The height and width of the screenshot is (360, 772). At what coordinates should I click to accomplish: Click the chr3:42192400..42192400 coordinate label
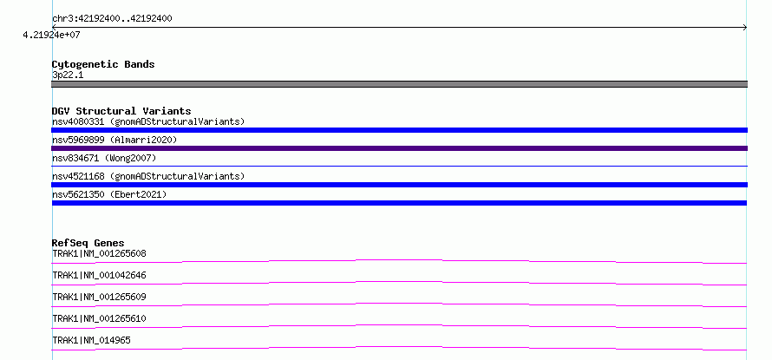112,19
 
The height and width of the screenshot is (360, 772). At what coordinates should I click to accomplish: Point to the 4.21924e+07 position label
51,35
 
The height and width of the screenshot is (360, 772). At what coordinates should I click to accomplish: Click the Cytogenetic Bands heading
103,64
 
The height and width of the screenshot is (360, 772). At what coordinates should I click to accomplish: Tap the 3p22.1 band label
68,75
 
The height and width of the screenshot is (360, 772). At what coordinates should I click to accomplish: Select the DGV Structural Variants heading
121,111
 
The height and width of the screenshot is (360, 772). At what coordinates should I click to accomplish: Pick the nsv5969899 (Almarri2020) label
114,140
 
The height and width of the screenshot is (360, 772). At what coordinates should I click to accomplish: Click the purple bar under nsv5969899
399,148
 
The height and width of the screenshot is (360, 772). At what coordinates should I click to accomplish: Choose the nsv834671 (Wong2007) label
104,158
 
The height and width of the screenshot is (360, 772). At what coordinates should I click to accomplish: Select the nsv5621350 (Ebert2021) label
109,194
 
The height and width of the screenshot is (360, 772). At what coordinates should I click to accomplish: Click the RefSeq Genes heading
88,243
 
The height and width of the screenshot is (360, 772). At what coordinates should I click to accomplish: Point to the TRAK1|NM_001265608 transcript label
99,253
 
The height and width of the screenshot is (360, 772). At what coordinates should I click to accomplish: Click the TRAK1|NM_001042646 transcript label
99,275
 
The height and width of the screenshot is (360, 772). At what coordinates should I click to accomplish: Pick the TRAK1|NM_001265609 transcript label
99,297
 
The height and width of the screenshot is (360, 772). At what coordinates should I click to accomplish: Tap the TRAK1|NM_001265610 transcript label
99,318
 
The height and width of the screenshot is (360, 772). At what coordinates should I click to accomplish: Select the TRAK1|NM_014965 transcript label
91,340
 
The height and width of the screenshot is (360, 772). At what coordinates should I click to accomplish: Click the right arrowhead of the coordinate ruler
745,28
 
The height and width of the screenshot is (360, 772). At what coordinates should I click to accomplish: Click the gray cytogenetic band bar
399,84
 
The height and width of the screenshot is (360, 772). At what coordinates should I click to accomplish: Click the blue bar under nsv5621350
399,203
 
